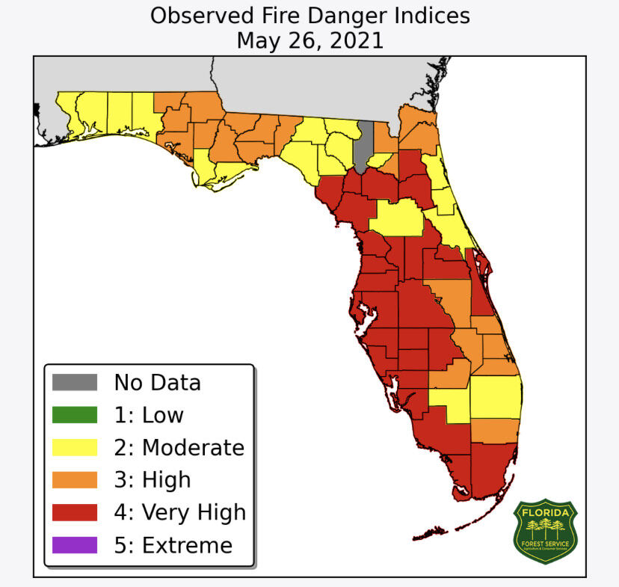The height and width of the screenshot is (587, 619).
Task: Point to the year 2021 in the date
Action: (352, 40)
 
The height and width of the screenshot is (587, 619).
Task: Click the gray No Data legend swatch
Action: (75, 383)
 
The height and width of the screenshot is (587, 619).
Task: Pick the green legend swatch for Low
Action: (75, 415)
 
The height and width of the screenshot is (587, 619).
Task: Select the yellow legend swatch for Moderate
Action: (75, 447)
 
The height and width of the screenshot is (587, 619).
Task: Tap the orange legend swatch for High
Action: (75, 479)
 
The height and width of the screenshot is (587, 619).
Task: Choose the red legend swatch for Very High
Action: (75, 512)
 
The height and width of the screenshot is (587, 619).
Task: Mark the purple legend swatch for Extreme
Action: (75, 545)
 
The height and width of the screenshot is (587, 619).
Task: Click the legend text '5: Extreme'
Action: (173, 545)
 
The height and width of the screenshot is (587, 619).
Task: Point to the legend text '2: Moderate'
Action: (179, 447)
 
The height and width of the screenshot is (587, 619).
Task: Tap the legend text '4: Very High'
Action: (179, 512)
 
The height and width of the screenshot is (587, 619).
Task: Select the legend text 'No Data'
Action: (157, 383)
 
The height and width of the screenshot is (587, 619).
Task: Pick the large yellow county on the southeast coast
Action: (495, 396)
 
